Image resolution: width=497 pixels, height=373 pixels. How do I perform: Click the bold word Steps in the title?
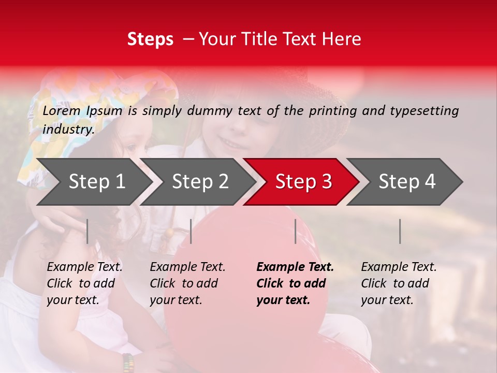pyautogui.click(x=150, y=39)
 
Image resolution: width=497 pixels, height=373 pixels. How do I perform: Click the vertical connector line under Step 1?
pyautogui.click(x=87, y=231)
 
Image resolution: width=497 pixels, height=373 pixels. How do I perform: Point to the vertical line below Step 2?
pyautogui.click(x=191, y=231)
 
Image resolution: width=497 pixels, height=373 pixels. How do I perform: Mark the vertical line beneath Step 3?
pyautogui.click(x=296, y=231)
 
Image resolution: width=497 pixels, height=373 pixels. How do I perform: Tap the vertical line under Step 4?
pyautogui.click(x=400, y=231)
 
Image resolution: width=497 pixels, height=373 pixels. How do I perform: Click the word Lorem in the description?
pyautogui.click(x=62, y=110)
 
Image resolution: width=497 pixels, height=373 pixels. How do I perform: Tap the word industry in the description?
pyautogui.click(x=68, y=130)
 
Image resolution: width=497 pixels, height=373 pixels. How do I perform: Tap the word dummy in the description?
pyautogui.click(x=210, y=111)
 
